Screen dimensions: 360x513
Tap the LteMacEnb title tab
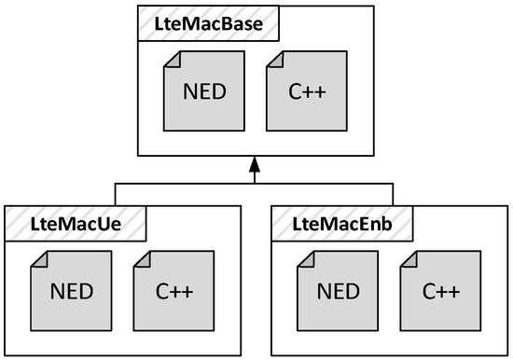pyautogui.click(x=342, y=221)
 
